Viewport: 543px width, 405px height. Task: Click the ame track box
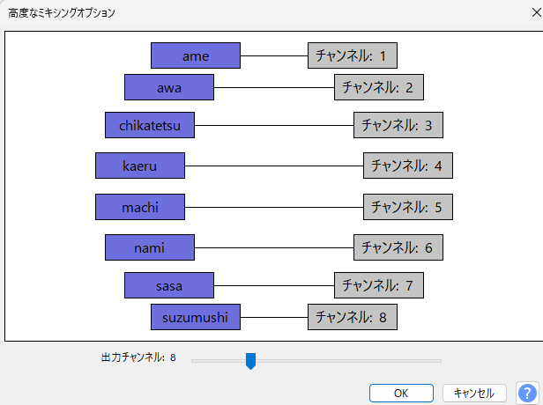tap(196, 55)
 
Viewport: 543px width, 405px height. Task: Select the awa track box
tap(169, 87)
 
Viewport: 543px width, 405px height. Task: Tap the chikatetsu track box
tap(150, 126)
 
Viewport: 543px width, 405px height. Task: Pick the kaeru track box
tap(140, 166)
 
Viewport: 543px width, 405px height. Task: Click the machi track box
tap(140, 207)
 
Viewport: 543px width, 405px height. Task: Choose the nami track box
tap(150, 247)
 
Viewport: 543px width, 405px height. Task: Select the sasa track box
tap(169, 285)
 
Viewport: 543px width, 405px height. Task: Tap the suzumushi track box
tap(196, 317)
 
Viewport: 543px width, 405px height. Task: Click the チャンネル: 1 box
tap(352, 55)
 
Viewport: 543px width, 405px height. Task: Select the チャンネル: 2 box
tap(378, 87)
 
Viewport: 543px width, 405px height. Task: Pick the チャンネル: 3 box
tap(398, 126)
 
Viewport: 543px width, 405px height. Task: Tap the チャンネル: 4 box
tap(407, 166)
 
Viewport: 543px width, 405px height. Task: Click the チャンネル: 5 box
tap(407, 207)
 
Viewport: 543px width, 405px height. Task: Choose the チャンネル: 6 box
tap(398, 247)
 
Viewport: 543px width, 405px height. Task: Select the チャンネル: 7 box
tap(378, 285)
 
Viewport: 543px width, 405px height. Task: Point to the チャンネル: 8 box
tap(352, 317)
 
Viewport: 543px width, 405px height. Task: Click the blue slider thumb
tap(250, 360)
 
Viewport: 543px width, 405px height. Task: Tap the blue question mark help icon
tap(527, 393)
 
